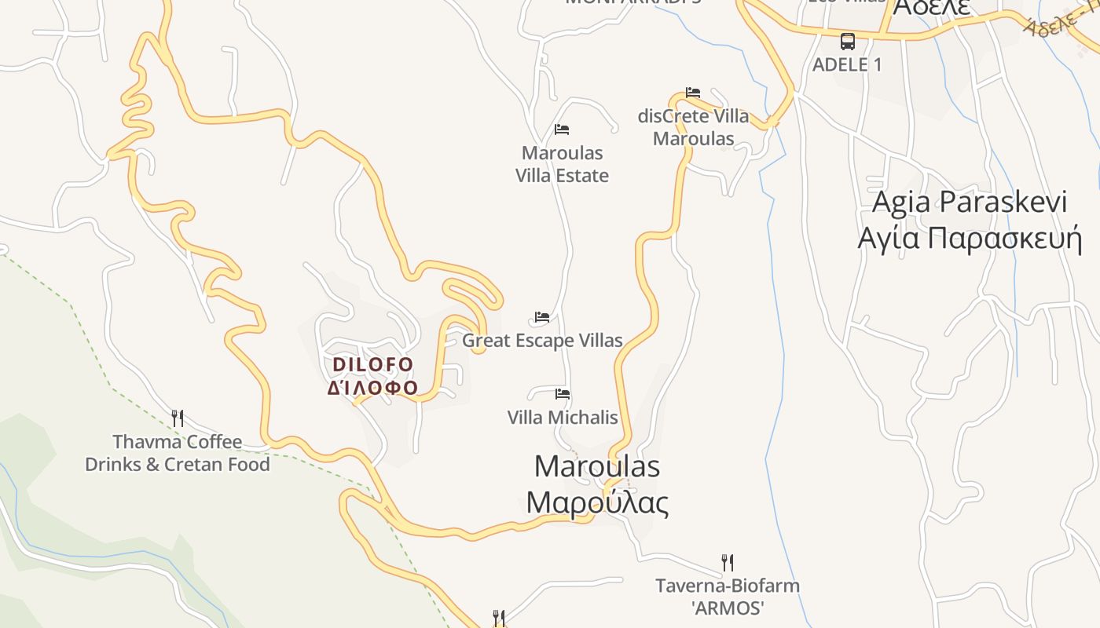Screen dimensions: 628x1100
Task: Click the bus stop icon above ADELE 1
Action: tap(847, 42)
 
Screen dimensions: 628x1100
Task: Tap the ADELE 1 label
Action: tap(847, 65)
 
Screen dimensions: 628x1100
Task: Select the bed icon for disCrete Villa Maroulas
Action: tap(692, 93)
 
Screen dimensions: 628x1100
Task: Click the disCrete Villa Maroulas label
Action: tap(694, 128)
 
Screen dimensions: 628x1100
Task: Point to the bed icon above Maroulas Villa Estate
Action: tap(561, 130)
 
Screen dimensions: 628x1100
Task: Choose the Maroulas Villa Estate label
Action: tap(562, 164)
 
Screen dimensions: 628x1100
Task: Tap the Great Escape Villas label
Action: tap(542, 341)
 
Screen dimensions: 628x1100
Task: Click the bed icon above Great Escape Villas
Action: tap(542, 317)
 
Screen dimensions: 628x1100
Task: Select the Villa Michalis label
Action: tap(563, 418)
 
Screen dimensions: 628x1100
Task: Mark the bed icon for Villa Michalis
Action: tap(563, 394)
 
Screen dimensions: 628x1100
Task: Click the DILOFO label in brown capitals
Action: tap(373, 365)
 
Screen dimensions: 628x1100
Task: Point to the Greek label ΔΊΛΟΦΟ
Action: tap(373, 388)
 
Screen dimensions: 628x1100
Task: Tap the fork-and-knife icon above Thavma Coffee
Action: tap(178, 418)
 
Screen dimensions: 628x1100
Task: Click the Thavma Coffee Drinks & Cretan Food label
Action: tap(178, 453)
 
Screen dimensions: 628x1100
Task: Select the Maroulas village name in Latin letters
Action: tap(597, 466)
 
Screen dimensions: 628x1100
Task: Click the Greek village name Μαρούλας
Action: tap(597, 502)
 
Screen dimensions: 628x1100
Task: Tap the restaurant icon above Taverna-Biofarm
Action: tap(728, 562)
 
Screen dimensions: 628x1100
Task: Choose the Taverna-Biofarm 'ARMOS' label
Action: tap(728, 597)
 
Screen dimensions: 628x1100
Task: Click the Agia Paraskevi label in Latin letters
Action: tap(970, 202)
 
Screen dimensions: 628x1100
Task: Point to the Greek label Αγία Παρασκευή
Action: tap(970, 237)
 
